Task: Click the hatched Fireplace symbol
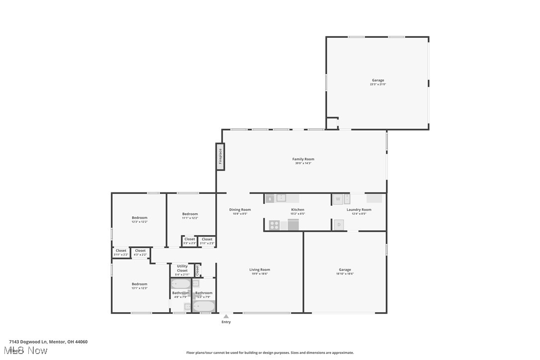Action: coord(220,157)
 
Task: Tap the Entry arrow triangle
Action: coord(226,316)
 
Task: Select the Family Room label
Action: coord(303,159)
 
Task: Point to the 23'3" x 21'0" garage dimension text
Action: coord(377,85)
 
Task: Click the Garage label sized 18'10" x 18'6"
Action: coord(345,270)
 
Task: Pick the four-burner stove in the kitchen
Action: coord(274,225)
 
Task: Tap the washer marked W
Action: coord(338,199)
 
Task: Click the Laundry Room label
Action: coord(359,210)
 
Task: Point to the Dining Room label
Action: coord(240,210)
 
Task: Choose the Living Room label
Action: coord(260,270)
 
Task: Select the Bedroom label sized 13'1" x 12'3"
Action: coord(139,284)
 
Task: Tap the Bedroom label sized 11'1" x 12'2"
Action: coord(189,214)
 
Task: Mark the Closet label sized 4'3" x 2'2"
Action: coord(140,251)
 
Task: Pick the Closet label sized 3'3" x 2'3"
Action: coord(189,239)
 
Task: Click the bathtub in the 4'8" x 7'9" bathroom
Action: coord(180,284)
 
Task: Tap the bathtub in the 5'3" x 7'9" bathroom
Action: coord(204,306)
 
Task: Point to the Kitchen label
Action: coord(297,210)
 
